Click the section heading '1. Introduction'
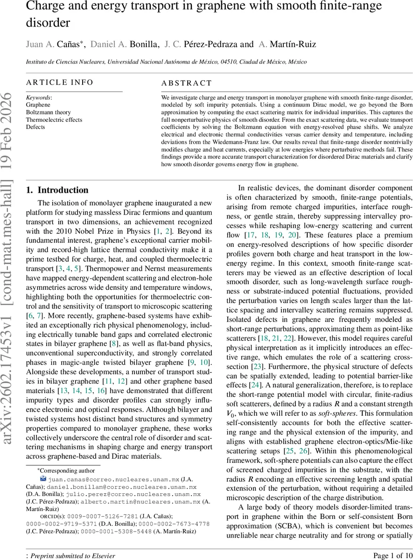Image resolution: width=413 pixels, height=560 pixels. pos(57,190)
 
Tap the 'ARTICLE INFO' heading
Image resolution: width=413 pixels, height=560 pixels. pos(60,83)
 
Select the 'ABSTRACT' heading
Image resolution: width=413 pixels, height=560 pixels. pos(187,84)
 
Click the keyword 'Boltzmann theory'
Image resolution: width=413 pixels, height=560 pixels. pos(49,112)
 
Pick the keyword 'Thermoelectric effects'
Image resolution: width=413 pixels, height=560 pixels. pos(54,119)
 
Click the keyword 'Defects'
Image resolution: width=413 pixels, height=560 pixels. pos(35,127)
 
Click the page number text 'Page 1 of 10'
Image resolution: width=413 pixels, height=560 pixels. pos(393,555)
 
